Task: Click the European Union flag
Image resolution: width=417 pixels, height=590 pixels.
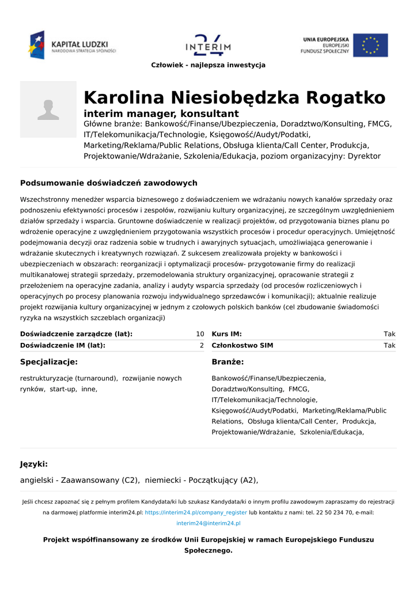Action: click(370, 45)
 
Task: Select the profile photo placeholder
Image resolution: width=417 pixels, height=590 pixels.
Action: click(48, 109)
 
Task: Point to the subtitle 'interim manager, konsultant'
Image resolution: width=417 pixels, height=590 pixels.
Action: click(161, 114)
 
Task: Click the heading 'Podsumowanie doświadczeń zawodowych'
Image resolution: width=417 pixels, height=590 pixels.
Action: click(109, 183)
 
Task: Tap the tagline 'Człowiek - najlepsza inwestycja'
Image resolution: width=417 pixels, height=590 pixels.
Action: click(208, 65)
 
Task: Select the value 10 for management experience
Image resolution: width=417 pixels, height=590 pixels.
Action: click(200, 334)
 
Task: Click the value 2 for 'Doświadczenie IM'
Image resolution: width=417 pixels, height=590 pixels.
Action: click(202, 346)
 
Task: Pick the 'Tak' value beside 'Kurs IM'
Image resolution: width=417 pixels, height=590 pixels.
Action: click(389, 334)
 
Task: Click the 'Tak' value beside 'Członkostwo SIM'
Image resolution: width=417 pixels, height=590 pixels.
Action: click(389, 346)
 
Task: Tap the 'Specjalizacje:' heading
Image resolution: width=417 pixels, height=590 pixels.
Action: click(49, 362)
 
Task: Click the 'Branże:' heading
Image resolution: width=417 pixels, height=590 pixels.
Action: click(228, 362)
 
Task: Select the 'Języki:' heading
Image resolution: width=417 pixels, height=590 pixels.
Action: click(34, 464)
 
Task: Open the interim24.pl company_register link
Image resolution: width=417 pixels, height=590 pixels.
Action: click(196, 512)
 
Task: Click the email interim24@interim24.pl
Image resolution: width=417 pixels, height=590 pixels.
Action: click(208, 523)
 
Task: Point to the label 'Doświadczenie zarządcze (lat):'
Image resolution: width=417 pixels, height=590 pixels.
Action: click(76, 334)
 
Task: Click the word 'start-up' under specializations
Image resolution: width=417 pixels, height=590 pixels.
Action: click(64, 389)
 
